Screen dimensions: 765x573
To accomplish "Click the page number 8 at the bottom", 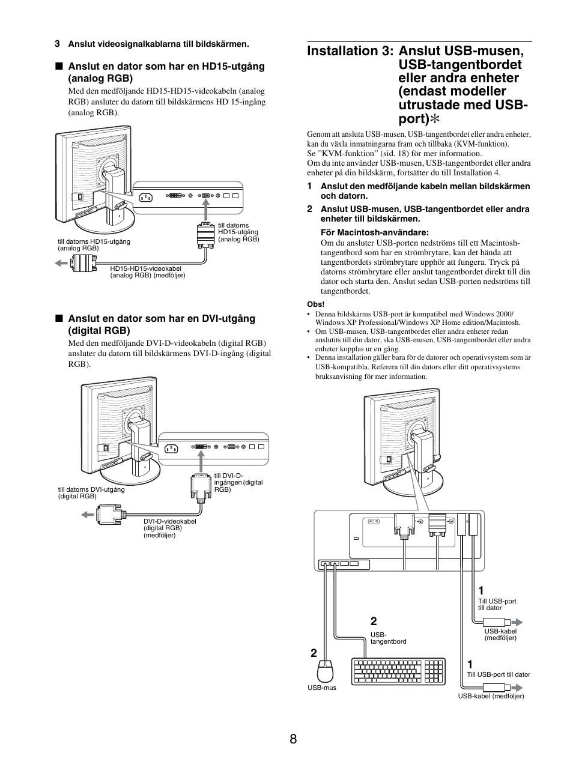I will point(293,739).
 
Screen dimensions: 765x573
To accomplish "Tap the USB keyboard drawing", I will point(399,672).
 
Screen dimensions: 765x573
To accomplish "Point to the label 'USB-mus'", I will point(322,688).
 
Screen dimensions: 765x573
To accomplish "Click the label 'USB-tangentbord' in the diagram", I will point(388,638).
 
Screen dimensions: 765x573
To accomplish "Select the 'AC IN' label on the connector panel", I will point(374,521).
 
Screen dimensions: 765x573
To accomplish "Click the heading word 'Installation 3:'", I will point(350,51).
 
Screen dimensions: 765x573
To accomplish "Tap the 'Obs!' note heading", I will point(315,304).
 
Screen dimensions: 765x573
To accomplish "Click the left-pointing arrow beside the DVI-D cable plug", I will point(88,514).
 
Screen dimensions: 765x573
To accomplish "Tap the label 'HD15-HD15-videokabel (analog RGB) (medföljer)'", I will point(147,272).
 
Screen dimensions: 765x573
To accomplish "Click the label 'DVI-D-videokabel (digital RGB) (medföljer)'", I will point(169,528).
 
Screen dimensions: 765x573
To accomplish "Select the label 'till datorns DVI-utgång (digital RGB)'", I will point(91,493).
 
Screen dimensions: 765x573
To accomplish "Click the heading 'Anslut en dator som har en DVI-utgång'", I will point(161,319).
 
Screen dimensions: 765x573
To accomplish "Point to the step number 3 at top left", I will point(57,44).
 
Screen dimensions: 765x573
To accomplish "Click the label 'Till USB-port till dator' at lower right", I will point(499,674).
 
